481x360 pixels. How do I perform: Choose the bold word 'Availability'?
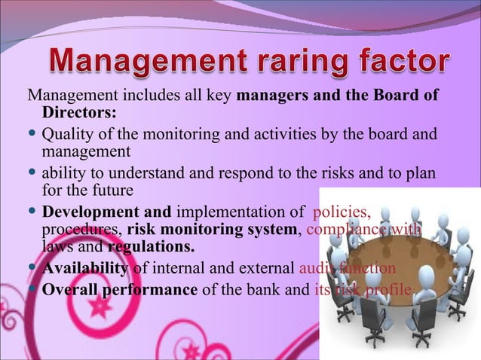[86, 269]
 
